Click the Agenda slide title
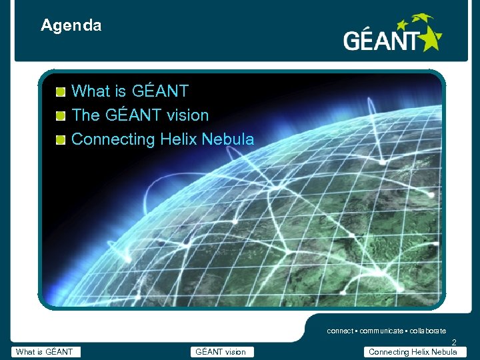[71, 26]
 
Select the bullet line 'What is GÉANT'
[129, 91]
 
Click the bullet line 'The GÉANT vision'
[139, 115]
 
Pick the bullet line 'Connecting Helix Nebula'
[162, 139]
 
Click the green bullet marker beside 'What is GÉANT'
[61, 91]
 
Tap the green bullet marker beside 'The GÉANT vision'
[61, 116]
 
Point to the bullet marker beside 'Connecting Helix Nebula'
[61, 140]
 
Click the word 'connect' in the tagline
[340, 331]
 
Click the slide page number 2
[454, 343]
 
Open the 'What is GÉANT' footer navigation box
[46, 352]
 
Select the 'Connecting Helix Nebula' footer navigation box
[413, 352]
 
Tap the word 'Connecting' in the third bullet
[113, 139]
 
